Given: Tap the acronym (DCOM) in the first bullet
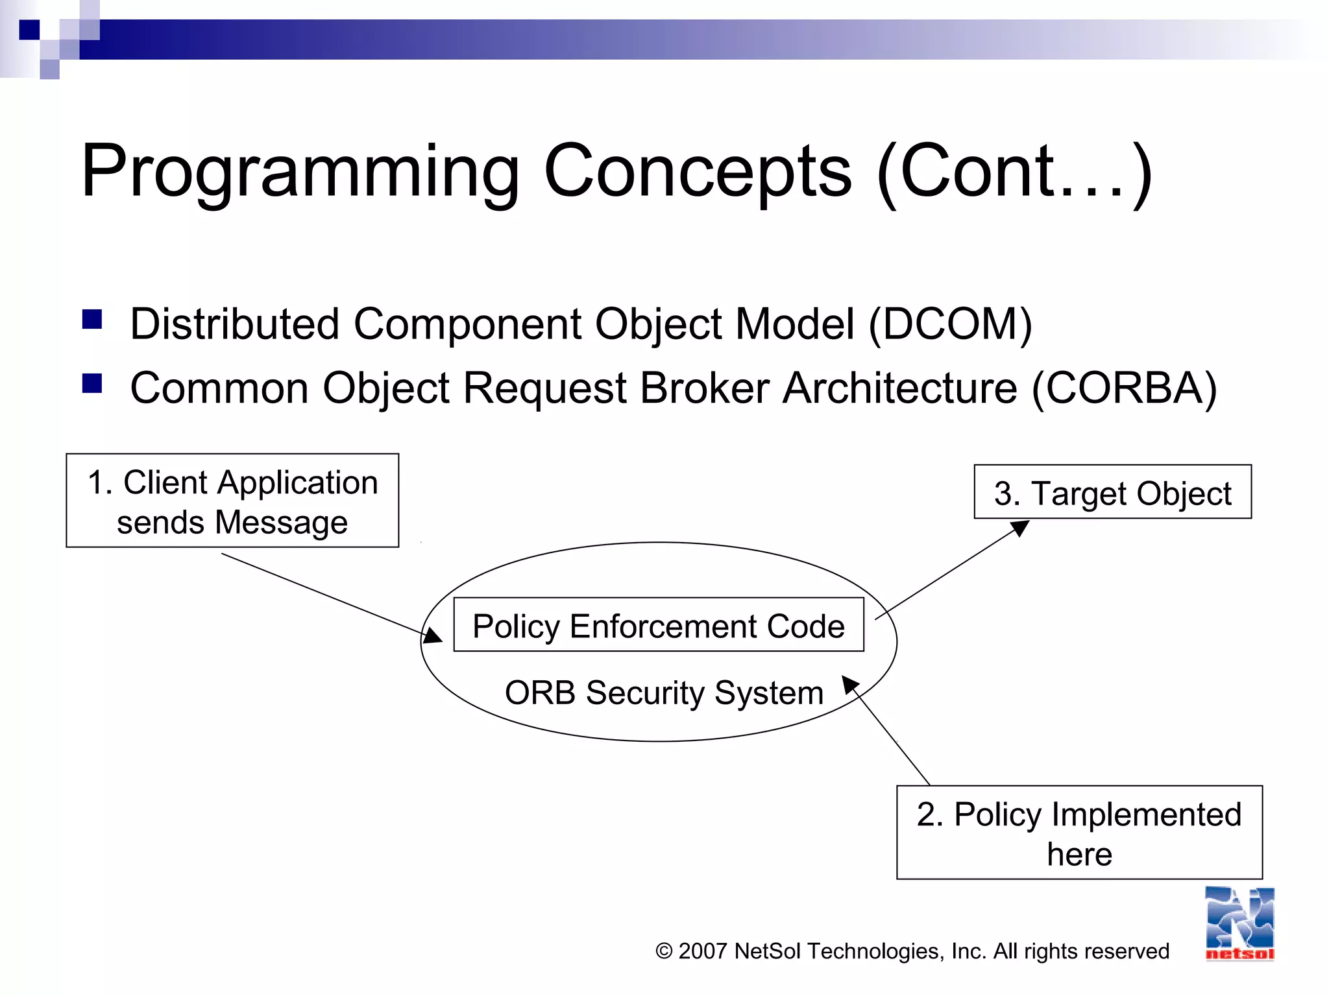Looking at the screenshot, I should click(949, 324).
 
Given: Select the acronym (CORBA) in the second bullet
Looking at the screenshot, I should click(1124, 388).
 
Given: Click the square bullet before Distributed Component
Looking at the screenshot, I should click(92, 320).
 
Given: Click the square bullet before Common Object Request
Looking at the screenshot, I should click(92, 384).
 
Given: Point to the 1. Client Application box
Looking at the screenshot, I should click(232, 501).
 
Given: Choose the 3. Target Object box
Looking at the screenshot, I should click(1112, 492).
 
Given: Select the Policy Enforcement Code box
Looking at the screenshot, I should click(658, 625).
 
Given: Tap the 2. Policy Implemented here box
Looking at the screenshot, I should click(1079, 833).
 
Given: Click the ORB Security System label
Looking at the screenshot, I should click(663, 693).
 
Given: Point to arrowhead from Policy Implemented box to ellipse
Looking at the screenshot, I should click(850, 685).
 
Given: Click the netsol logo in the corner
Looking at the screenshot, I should click(1239, 924).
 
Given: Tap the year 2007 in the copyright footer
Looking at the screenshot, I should click(702, 951).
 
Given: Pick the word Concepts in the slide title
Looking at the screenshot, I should click(698, 172).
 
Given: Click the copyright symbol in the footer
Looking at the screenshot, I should click(664, 951).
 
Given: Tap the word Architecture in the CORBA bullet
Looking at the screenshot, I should click(899, 388).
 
